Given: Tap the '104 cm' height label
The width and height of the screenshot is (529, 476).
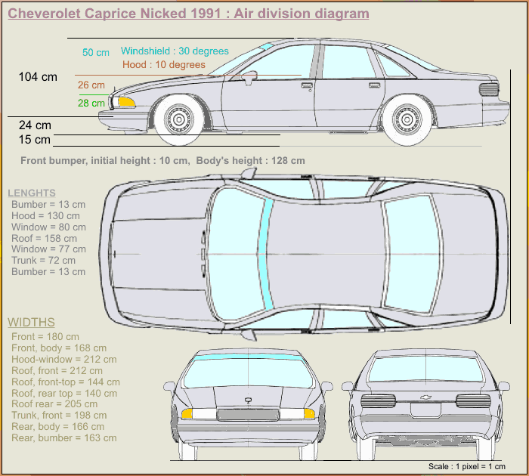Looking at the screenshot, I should pos(38,76).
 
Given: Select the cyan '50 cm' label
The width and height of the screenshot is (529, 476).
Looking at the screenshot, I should pos(96,52).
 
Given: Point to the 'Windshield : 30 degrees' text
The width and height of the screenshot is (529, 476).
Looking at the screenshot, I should pos(175,51).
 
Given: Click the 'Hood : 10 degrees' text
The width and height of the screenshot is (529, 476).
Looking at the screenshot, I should pos(164,65).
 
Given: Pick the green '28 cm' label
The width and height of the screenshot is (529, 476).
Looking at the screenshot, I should pos(91,103).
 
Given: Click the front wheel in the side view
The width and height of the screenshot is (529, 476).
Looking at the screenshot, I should pos(179,119).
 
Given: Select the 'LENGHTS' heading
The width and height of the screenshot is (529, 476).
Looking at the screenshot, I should pos(32,193).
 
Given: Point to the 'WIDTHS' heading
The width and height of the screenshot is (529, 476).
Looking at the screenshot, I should pos(31,323).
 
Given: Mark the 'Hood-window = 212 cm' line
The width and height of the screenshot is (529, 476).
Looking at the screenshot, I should pos(64,360).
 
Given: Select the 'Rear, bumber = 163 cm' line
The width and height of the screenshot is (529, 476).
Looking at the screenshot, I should pos(64,437).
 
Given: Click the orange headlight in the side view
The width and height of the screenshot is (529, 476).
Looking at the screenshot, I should pos(126,101).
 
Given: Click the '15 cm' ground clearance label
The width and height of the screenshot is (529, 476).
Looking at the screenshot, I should pos(35,140).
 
